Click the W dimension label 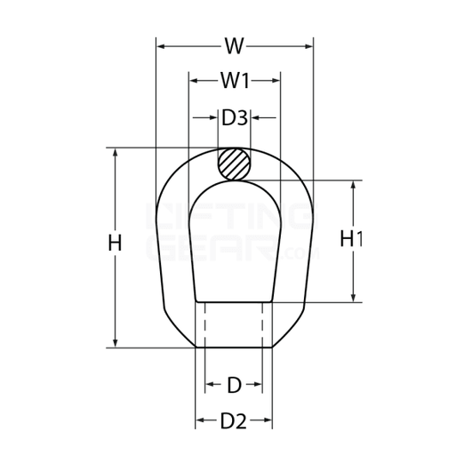[x=235, y=44]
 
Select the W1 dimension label [x=235, y=81]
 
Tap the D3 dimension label [x=235, y=117]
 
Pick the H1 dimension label [x=353, y=239]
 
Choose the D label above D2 [x=234, y=385]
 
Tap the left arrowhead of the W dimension [x=160, y=44]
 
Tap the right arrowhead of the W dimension [x=308, y=44]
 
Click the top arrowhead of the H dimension [x=115, y=152]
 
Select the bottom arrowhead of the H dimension [x=115, y=342]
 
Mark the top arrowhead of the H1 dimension [x=355, y=186]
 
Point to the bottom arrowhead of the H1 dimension [x=355, y=298]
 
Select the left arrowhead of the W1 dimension [x=193, y=81]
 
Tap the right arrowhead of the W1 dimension [x=277, y=81]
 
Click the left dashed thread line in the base [x=206, y=324]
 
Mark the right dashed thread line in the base [x=263, y=324]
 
